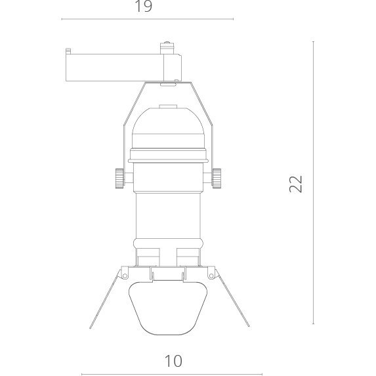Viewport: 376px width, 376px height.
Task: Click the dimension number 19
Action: [x=144, y=6]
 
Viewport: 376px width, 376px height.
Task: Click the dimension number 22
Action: [x=296, y=184]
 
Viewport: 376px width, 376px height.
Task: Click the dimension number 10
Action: [x=173, y=361]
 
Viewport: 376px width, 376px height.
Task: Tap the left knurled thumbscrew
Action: [x=119, y=178]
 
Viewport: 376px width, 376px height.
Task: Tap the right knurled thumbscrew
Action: [x=217, y=178]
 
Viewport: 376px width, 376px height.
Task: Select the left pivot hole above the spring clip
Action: [x=125, y=276]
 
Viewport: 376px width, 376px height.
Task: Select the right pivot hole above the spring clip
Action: [x=211, y=276]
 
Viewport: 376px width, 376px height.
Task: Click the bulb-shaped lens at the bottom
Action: [x=168, y=308]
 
